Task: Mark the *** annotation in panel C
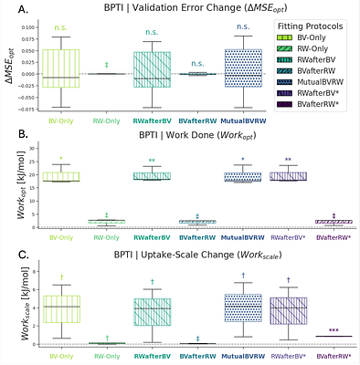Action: [x=333, y=330]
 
